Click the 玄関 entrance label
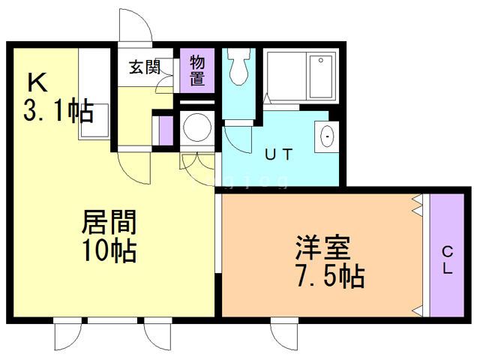(x=145, y=67)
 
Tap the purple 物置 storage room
(x=197, y=70)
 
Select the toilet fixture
(x=240, y=68)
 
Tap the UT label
(x=278, y=154)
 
